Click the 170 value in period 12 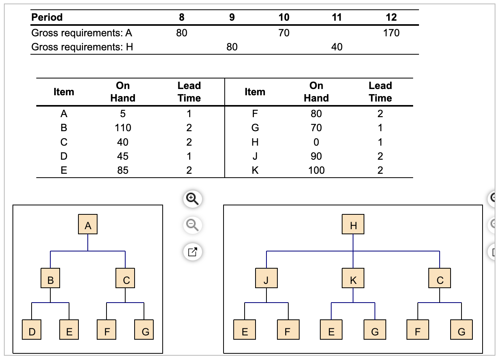coord(391,33)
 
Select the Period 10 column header coord(284,17)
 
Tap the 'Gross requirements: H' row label coord(82,47)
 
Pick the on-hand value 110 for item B coord(123,128)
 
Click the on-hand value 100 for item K coord(316,170)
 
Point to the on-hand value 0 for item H coord(316,142)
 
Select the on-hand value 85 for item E coord(123,170)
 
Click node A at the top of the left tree coord(88,225)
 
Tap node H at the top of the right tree coord(353,225)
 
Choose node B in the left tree coord(50,278)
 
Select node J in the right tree coord(266,278)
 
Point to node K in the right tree coord(353,278)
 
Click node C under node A coord(125,278)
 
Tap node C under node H coord(440,278)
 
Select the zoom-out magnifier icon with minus coord(192,225)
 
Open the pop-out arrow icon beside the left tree coord(192,251)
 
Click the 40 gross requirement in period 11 coord(336,47)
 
